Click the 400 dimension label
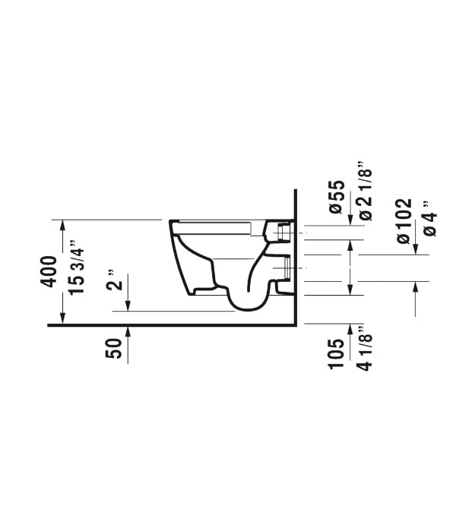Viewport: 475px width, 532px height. pyautogui.click(x=49, y=271)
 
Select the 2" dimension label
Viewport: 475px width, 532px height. pyautogui.click(x=114, y=280)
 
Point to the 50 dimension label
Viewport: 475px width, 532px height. pyautogui.click(x=113, y=348)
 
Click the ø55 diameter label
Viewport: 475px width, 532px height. pyautogui.click(x=337, y=197)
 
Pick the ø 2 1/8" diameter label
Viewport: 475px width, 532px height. pyautogui.click(x=365, y=192)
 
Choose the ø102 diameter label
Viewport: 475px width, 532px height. pyautogui.click(x=404, y=221)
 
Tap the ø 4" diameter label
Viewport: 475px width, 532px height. pyautogui.click(x=430, y=218)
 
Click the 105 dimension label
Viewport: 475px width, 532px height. pyautogui.click(x=336, y=353)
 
